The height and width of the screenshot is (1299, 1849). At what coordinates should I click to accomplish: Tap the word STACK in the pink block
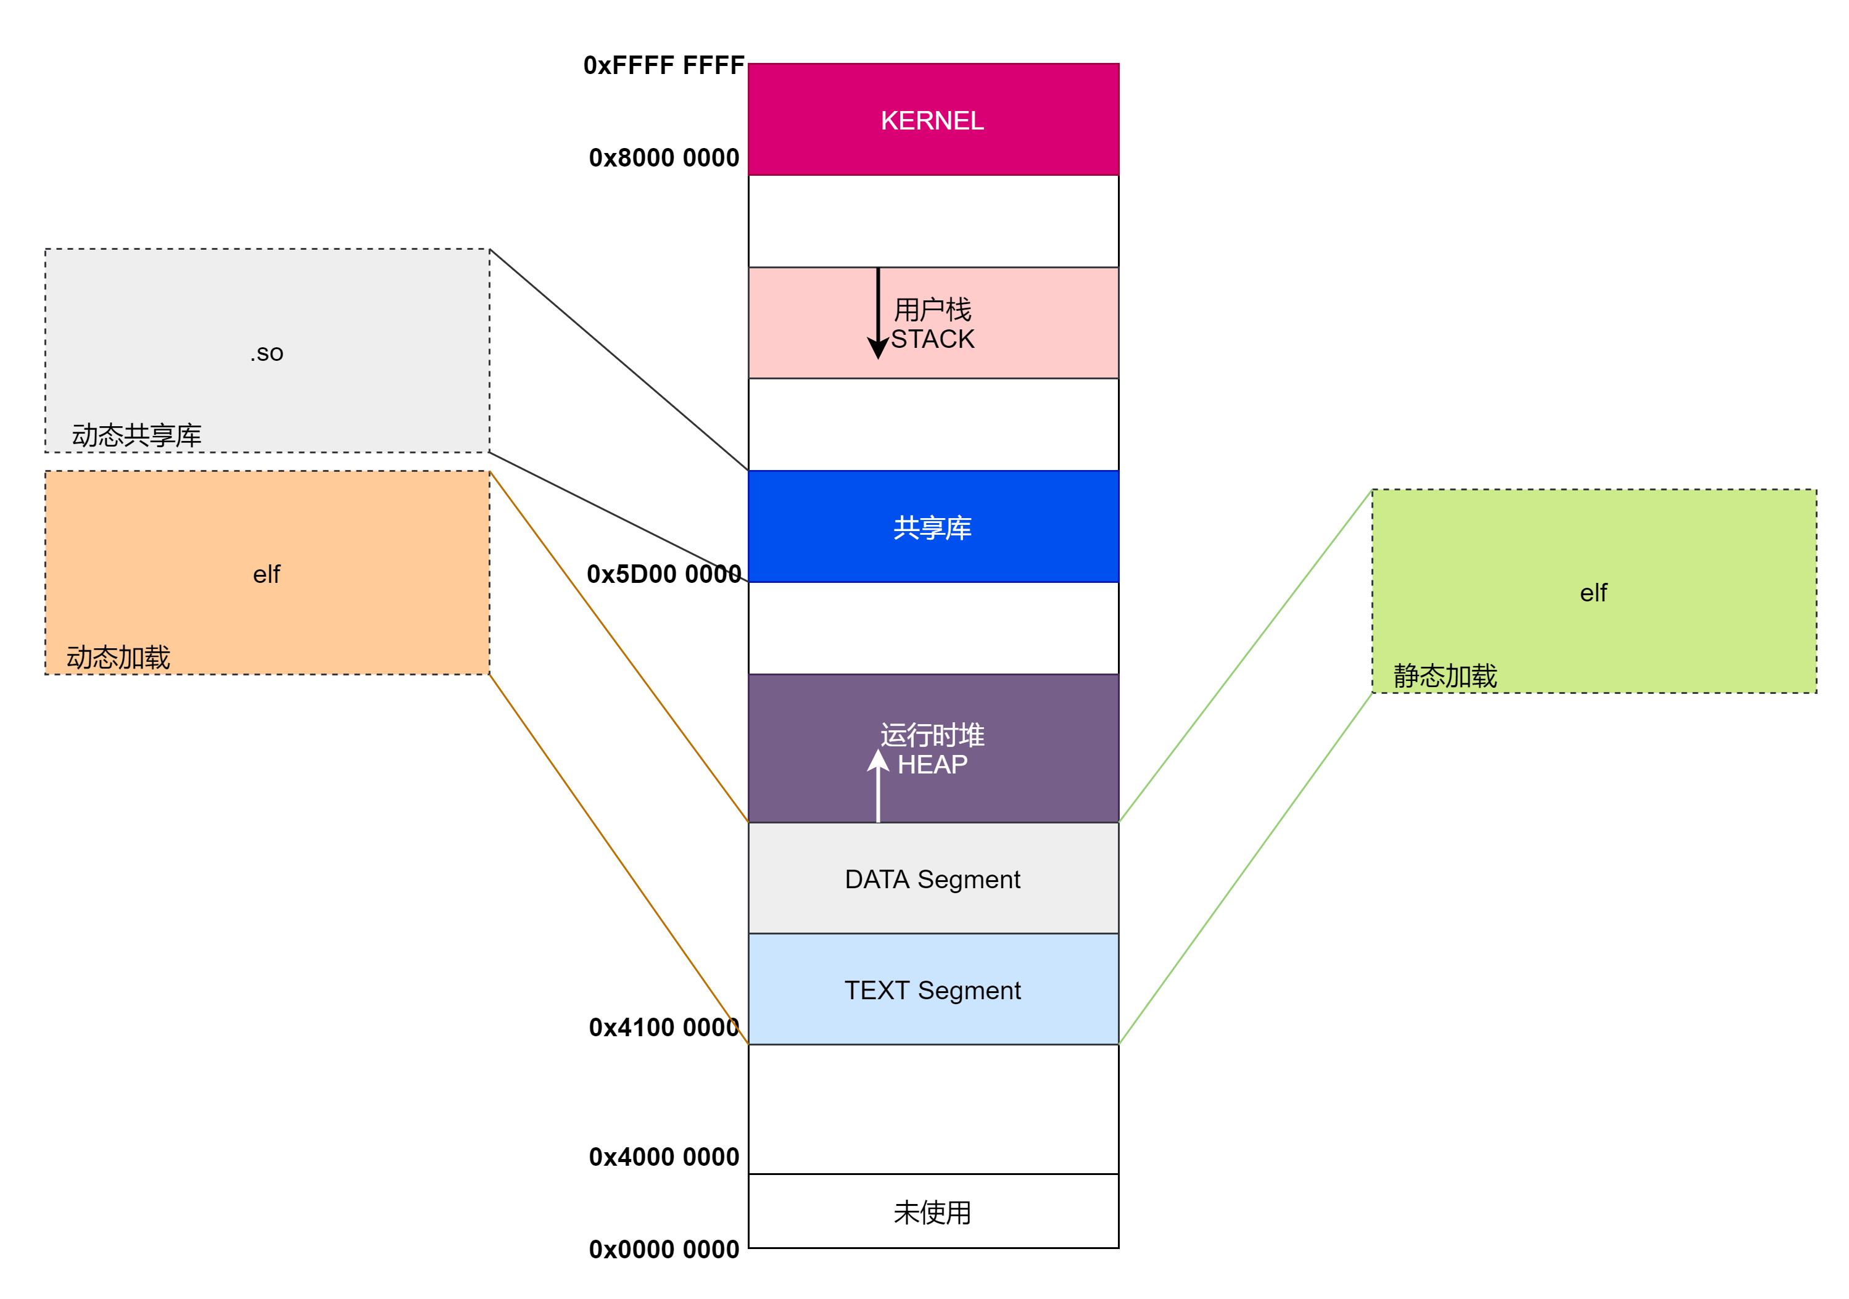(x=933, y=339)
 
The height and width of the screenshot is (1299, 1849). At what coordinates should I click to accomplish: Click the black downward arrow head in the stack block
(x=878, y=348)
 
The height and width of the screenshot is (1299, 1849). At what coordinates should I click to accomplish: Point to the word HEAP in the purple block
(x=933, y=764)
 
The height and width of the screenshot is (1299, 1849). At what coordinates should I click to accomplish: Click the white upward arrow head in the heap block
(x=878, y=759)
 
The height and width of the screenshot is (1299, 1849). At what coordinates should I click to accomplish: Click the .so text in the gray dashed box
(x=267, y=353)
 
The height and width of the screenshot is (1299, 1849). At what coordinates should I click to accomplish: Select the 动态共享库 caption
(x=137, y=435)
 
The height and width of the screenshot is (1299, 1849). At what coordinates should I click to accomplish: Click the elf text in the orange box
(x=267, y=574)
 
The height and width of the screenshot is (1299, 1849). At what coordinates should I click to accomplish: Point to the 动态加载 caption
(x=118, y=657)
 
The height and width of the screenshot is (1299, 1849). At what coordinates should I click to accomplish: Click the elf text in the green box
(x=1593, y=593)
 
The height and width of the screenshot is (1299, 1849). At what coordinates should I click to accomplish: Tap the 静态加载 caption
(x=1445, y=675)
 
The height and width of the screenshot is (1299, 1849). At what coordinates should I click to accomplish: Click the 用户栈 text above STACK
(x=933, y=309)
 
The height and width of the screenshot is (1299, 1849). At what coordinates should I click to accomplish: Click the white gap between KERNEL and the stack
(x=933, y=221)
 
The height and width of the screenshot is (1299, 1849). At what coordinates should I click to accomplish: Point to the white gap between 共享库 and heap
(x=933, y=627)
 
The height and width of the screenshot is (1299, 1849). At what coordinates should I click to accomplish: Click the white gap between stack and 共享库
(x=933, y=424)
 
